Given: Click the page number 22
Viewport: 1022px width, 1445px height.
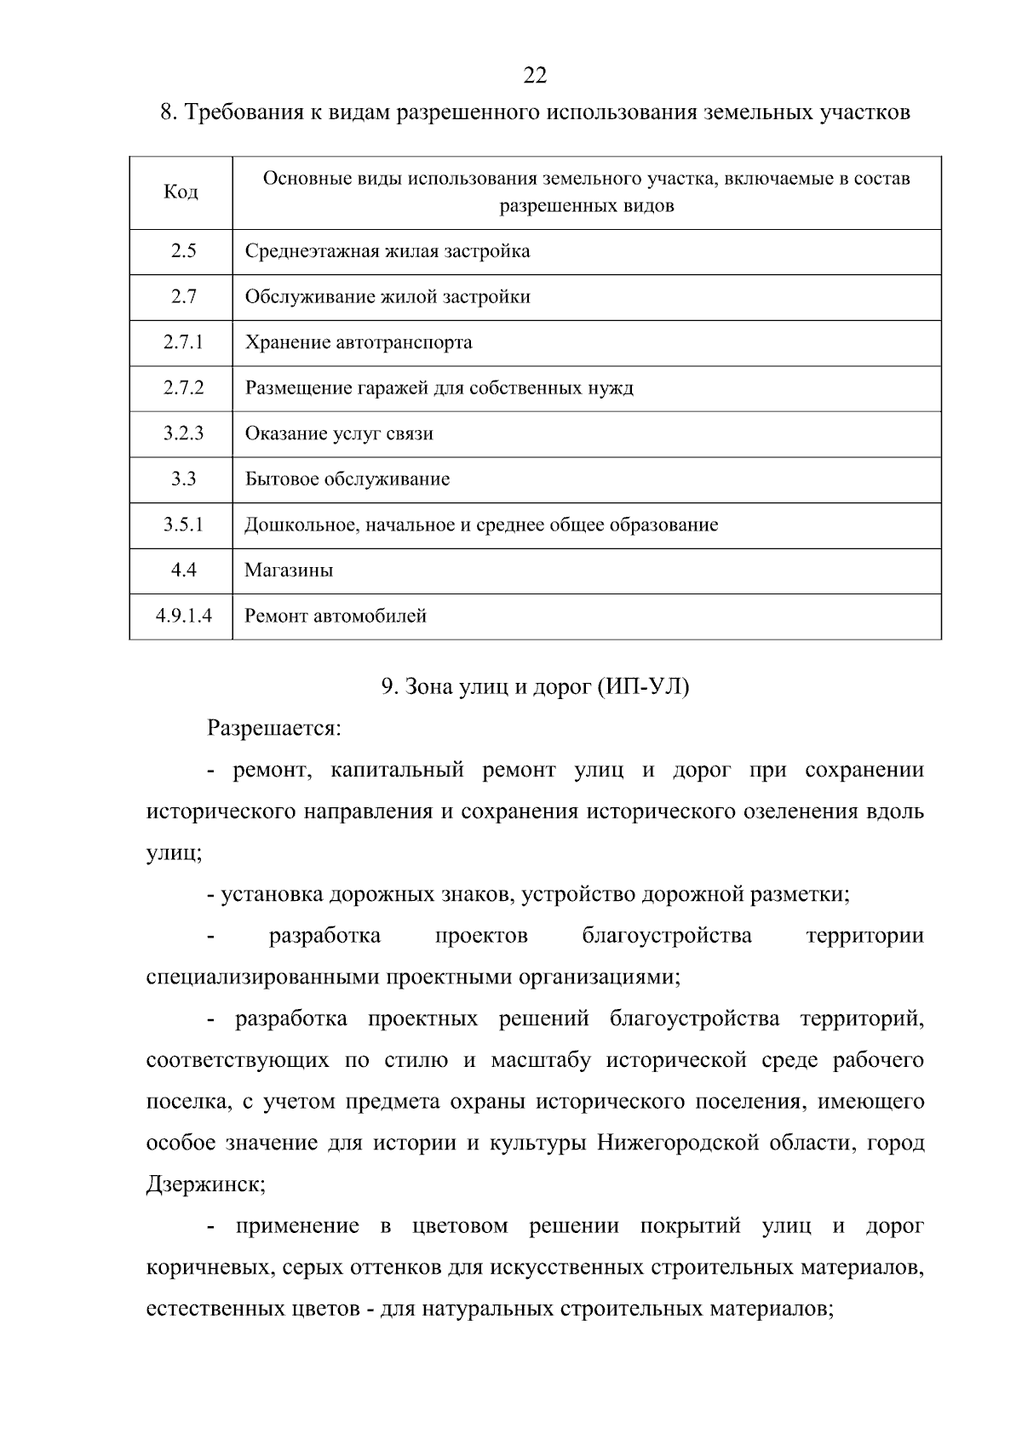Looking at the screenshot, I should tap(535, 76).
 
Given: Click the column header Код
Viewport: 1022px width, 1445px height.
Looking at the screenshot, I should tap(181, 192).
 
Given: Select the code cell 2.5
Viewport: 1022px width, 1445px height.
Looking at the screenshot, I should tap(182, 251).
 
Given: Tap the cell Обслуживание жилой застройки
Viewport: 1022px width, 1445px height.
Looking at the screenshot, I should tap(388, 297).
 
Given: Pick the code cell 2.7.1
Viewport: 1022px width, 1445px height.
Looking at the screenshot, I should tap(183, 342).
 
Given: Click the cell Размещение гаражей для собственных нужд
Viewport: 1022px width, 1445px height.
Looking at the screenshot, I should tap(439, 388).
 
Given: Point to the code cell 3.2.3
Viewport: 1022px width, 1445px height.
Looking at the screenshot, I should tap(183, 433).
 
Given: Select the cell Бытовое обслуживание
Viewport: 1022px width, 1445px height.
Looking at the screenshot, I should tap(347, 479).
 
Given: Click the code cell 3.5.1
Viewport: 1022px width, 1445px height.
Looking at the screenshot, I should tap(183, 525).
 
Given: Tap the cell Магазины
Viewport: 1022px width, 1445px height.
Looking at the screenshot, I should tap(289, 571).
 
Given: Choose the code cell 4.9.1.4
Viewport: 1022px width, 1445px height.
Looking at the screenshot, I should tap(183, 616).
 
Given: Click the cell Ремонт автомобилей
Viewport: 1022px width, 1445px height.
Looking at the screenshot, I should tap(336, 616).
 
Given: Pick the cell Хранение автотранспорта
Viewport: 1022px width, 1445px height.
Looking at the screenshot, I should tap(359, 342).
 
